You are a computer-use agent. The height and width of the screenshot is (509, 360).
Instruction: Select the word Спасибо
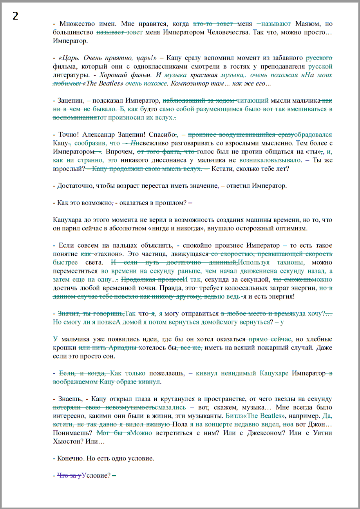tap(163, 134)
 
